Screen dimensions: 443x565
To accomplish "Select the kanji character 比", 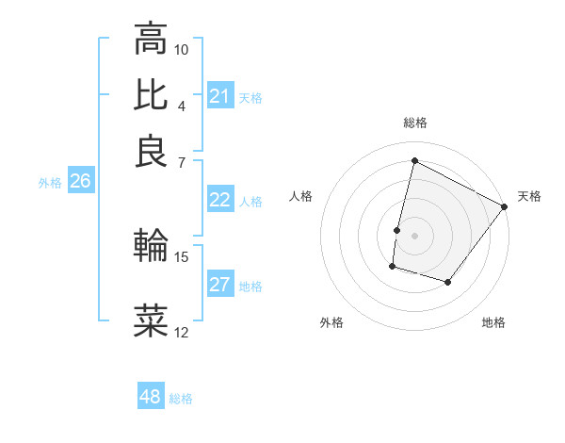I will (150, 94).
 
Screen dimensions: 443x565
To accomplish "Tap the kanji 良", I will (150, 151).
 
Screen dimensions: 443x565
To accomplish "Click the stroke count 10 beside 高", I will (182, 49).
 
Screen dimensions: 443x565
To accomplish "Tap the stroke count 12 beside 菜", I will (182, 332).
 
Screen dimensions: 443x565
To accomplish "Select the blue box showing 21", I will (220, 96).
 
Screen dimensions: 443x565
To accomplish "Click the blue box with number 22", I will (220, 200).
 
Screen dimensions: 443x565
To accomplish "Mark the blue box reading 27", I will (220, 285).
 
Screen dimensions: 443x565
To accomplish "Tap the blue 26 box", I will (80, 182).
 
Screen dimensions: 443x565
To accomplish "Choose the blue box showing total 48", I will (151, 397).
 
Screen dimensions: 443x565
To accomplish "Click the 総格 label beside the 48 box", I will (181, 399).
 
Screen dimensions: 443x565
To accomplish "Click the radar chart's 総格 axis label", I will (414, 123).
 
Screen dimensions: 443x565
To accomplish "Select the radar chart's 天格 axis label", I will (529, 196).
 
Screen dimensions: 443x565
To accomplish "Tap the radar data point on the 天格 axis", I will (505, 206).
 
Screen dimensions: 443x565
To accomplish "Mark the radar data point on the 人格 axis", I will (397, 229).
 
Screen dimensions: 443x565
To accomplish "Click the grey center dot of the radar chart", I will (414, 235).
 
